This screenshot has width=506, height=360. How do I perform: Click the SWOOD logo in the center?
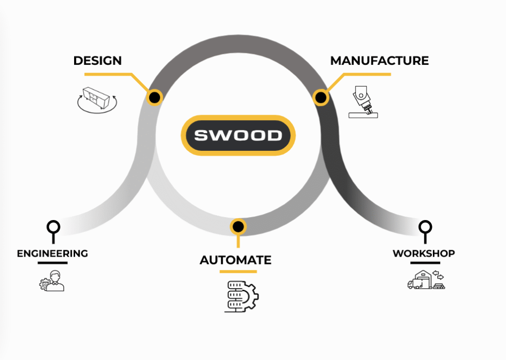point(238,135)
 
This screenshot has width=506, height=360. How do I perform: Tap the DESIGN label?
point(97,61)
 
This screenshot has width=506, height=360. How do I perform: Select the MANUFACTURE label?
point(379,61)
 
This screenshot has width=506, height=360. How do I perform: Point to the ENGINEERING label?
point(52,254)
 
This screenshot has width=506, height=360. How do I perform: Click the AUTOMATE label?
point(236,260)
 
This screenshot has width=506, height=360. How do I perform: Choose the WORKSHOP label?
point(423,254)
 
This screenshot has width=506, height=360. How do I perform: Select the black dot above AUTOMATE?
point(238,226)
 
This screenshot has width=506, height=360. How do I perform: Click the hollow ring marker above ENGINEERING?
point(53,227)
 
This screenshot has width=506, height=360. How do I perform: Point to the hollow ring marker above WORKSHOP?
point(424,227)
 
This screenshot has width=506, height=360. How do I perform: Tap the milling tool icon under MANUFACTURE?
point(363,101)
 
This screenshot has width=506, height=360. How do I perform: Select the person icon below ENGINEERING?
point(52,281)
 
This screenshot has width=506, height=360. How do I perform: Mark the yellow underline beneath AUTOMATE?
point(238,271)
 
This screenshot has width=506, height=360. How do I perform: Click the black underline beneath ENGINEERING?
point(52,263)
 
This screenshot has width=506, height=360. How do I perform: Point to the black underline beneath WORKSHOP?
point(424,263)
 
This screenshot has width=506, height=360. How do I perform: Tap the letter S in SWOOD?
point(201,135)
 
